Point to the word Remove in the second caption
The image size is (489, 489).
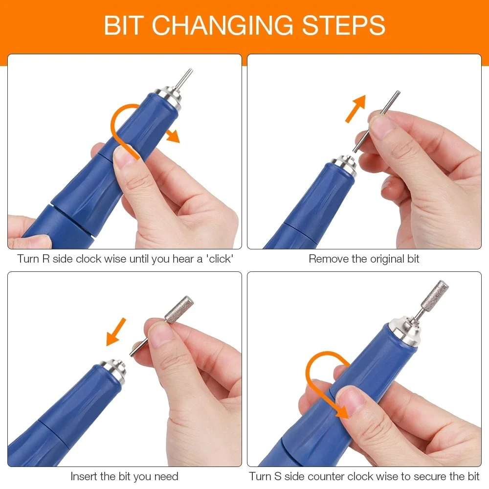[x=328, y=259]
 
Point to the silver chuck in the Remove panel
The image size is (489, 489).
[x=344, y=164]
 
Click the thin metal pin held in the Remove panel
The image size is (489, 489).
[x=379, y=120]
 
